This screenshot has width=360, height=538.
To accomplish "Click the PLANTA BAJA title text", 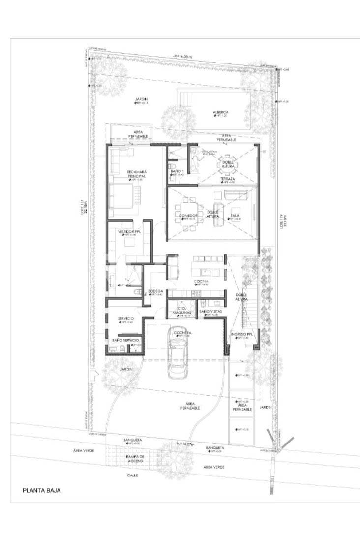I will click(x=42, y=490).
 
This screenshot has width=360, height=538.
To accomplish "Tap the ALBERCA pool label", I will click(x=220, y=112).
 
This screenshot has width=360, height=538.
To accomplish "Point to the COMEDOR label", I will click(x=188, y=216).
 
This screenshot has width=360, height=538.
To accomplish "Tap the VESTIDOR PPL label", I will click(x=130, y=231).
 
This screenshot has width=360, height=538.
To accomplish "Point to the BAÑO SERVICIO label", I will click(x=125, y=340).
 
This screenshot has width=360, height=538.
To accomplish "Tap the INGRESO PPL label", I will click(x=242, y=334).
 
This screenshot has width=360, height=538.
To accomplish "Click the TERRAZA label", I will click(x=227, y=179).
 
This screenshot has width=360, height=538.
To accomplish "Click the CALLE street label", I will click(x=133, y=475).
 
